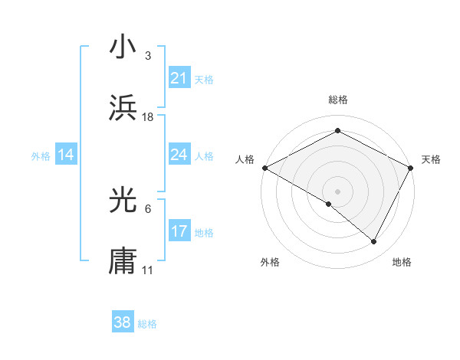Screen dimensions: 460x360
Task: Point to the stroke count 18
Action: (x=148, y=117)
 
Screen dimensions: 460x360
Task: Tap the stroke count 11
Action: (x=148, y=270)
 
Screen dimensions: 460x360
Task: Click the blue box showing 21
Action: (x=179, y=78)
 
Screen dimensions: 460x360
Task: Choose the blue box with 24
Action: (x=179, y=155)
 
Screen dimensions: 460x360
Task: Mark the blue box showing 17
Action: (x=179, y=231)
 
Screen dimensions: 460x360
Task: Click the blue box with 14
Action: (x=66, y=155)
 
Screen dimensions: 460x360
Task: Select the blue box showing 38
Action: (x=123, y=322)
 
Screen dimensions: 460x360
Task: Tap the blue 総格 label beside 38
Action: (x=147, y=324)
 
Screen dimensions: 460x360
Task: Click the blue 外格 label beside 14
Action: (x=41, y=156)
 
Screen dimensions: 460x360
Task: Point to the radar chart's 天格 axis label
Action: (x=431, y=159)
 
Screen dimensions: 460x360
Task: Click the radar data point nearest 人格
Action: (x=264, y=168)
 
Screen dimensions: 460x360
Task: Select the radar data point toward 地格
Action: (x=374, y=241)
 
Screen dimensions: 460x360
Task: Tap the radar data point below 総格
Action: (x=337, y=131)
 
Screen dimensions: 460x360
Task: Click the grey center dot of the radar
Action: (x=337, y=191)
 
